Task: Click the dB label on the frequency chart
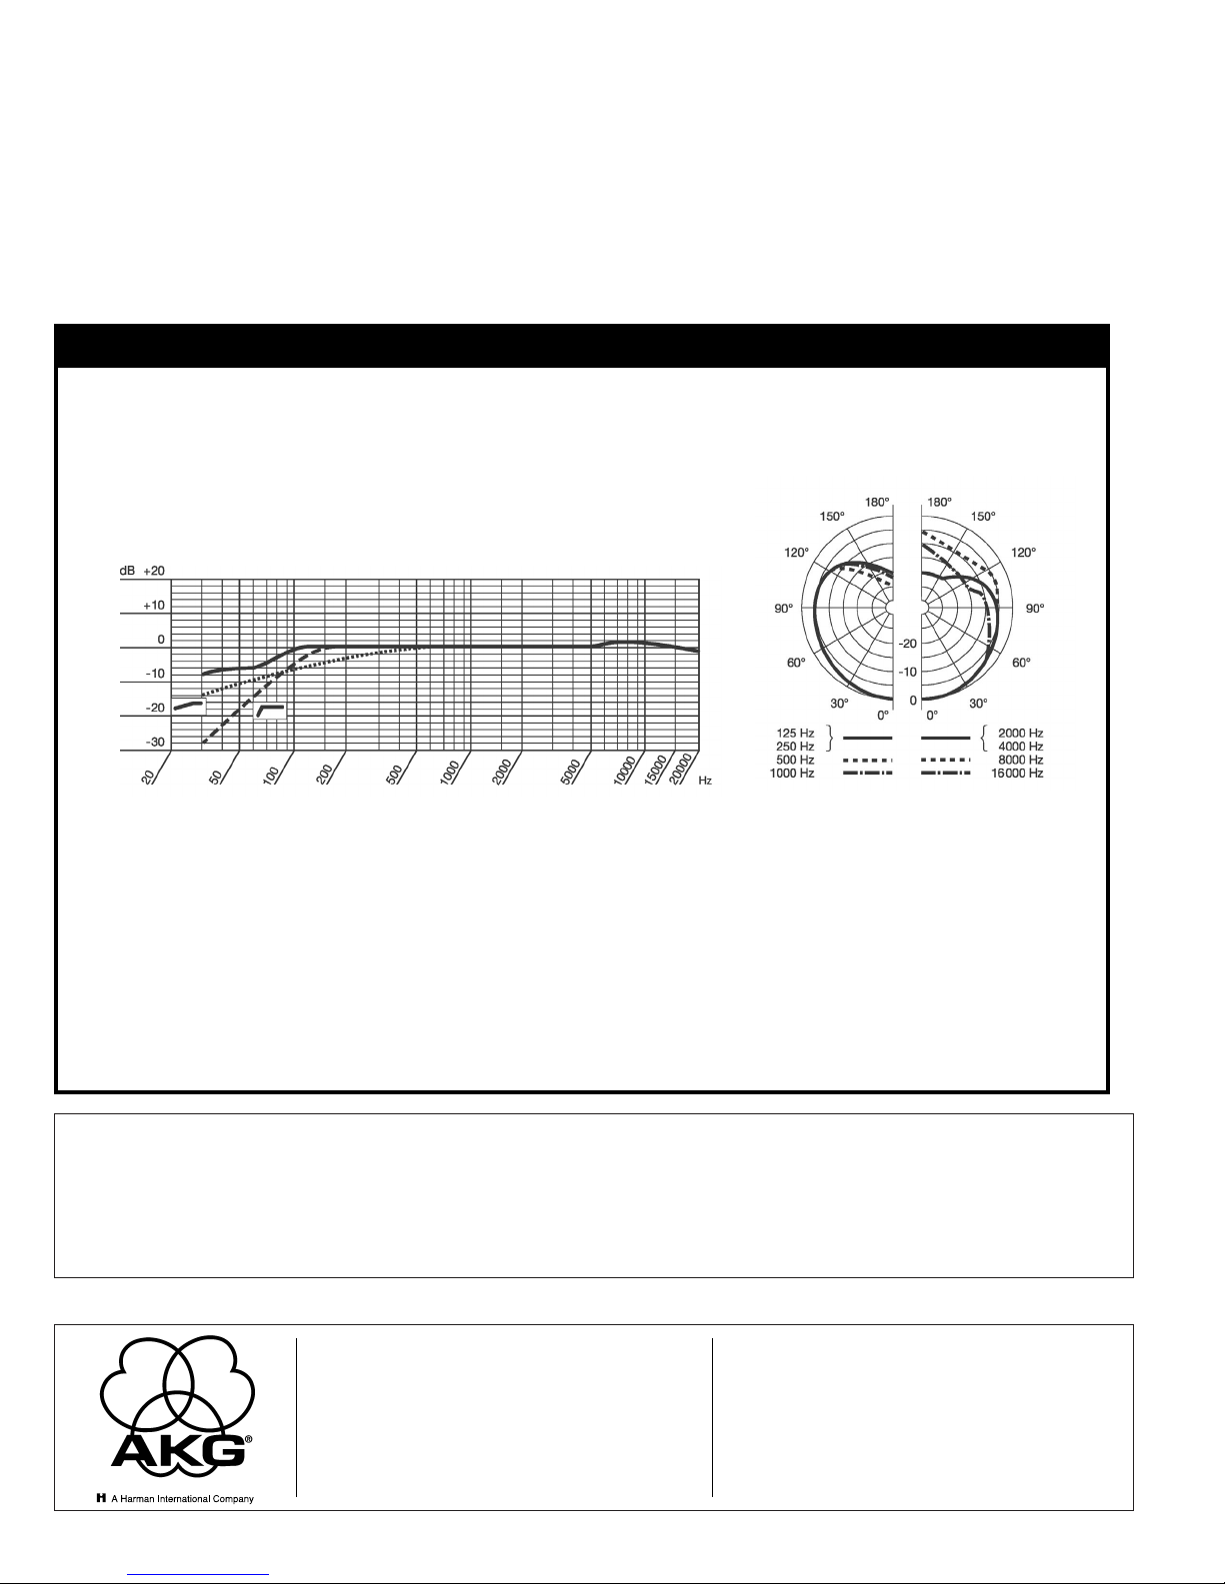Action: coord(127,571)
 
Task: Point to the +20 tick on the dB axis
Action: coord(154,571)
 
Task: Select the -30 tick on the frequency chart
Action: coord(155,743)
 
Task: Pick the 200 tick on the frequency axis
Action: coord(324,774)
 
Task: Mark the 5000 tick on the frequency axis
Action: coord(571,772)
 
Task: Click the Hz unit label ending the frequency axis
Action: coord(705,780)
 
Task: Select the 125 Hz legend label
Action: coord(795,734)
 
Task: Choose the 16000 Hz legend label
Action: coord(1017,773)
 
